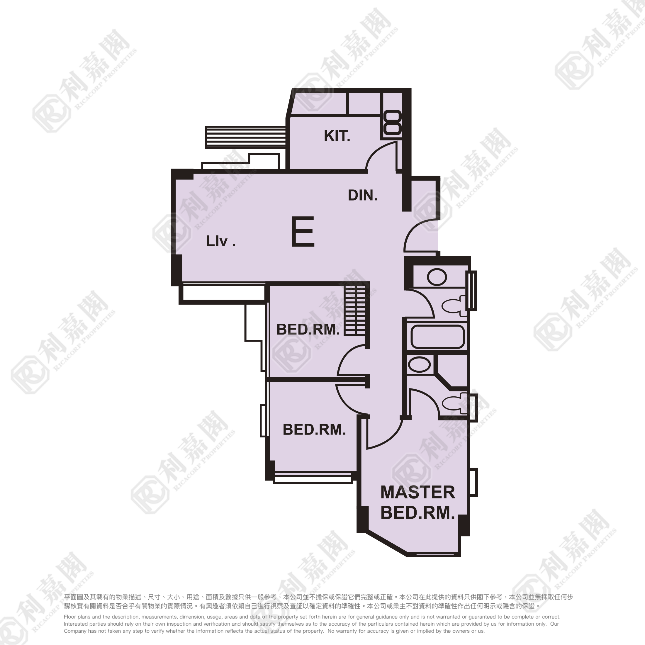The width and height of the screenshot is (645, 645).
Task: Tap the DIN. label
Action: (x=363, y=195)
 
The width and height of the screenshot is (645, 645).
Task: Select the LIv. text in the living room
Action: (x=221, y=241)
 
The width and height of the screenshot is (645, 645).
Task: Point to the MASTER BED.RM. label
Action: (x=418, y=503)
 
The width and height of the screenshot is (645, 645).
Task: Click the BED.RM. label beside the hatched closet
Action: (x=308, y=330)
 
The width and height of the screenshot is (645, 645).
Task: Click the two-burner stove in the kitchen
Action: (x=392, y=123)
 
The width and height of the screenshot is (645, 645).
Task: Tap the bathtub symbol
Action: (x=437, y=337)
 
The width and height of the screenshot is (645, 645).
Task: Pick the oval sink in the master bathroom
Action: (x=419, y=364)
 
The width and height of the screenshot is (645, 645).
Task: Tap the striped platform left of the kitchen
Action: (x=246, y=137)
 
